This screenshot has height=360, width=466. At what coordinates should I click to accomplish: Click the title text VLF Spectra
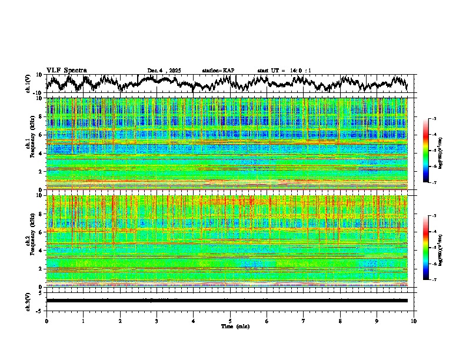coord(66,70)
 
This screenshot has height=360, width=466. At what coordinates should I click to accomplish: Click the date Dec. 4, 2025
coord(164,71)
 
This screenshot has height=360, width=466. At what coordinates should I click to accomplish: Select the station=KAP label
coord(218,71)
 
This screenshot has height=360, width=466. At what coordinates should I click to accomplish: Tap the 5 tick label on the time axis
coord(230,321)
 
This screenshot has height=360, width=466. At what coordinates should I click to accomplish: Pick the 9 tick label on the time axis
coord(377,321)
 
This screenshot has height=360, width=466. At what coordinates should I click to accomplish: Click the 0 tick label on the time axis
coord(46,321)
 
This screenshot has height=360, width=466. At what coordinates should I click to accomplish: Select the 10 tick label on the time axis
coord(414,321)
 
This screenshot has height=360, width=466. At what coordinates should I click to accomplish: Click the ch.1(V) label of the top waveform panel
coord(28,84)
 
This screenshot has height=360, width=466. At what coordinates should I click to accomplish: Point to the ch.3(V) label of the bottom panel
coord(28,300)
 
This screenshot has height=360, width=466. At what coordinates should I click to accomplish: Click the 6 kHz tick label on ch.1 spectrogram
coord(41,135)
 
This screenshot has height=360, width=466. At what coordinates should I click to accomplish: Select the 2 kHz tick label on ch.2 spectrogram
coord(41,268)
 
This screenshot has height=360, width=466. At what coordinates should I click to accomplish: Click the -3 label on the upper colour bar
coord(434,119)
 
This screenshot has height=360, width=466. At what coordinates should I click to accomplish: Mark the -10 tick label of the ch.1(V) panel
coord(37,93)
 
